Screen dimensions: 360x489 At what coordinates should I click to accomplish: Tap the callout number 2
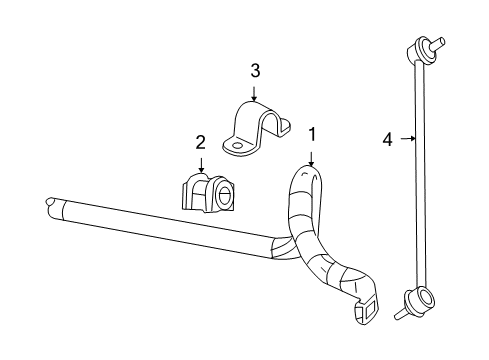(200, 142)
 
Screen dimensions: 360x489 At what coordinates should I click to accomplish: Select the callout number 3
(255, 70)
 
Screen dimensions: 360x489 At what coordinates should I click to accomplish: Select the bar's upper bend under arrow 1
(306, 181)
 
